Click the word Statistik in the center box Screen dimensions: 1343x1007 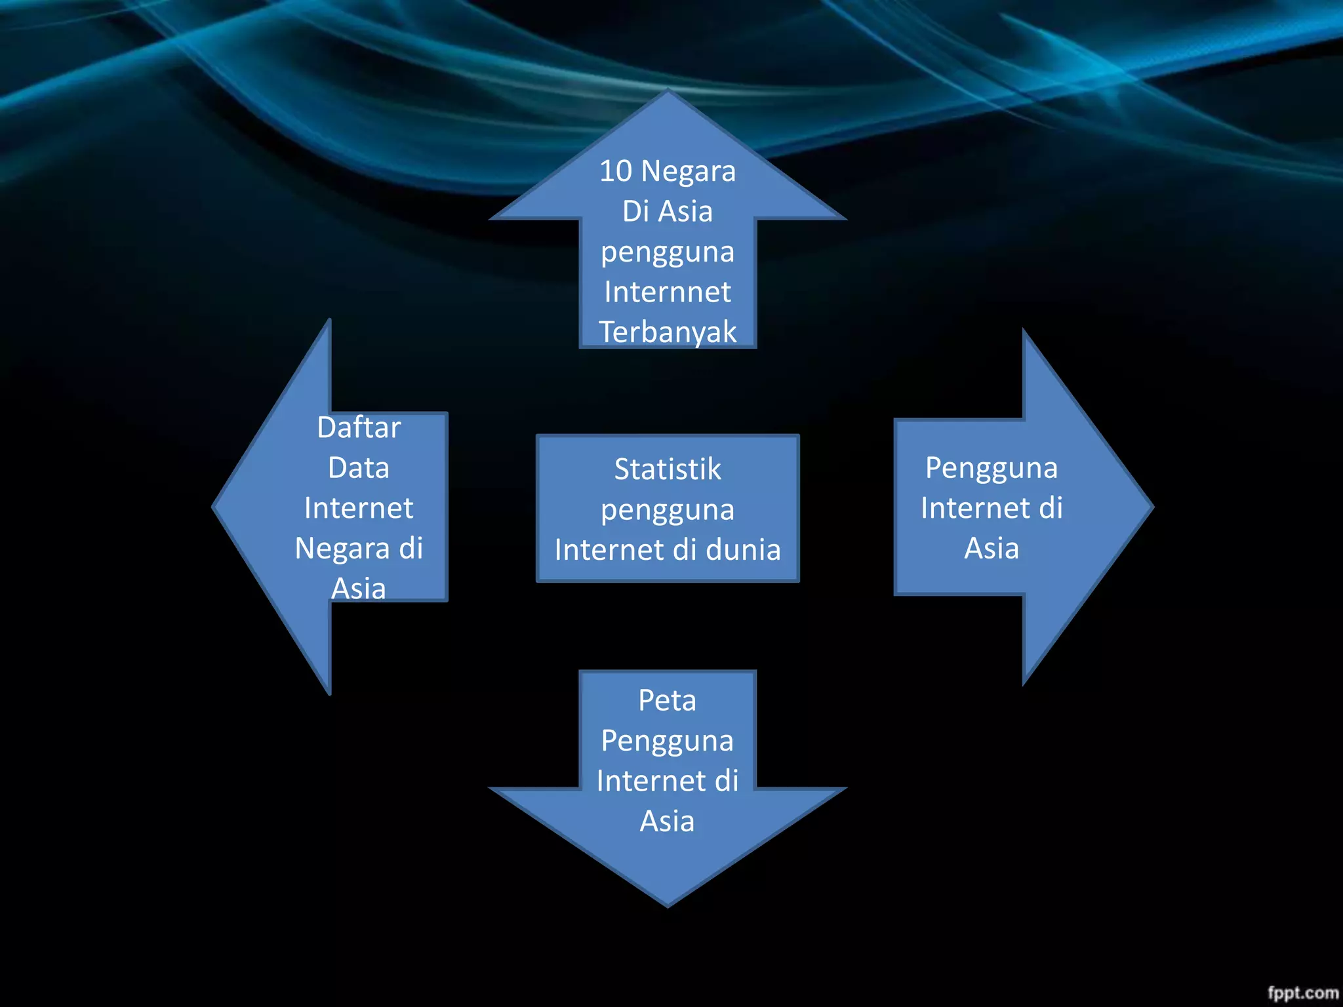click(x=667, y=469)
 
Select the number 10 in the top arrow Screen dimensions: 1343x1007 click(x=616, y=171)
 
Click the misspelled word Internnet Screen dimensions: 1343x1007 click(x=668, y=292)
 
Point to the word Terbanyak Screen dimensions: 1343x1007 click(x=668, y=332)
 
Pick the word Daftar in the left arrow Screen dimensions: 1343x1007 click(x=359, y=427)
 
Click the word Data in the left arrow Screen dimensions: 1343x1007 click(x=359, y=468)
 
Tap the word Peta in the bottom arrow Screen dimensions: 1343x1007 click(x=667, y=700)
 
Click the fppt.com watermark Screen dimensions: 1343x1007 click(x=1302, y=993)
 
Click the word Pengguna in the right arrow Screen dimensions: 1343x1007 click(x=992, y=469)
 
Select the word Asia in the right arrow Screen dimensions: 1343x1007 click(x=992, y=549)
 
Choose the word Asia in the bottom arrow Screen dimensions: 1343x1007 click(x=667, y=821)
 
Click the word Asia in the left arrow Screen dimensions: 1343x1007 click(x=358, y=588)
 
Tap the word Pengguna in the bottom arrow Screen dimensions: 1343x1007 click(x=667, y=741)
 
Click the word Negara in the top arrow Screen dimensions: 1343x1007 click(x=688, y=172)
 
